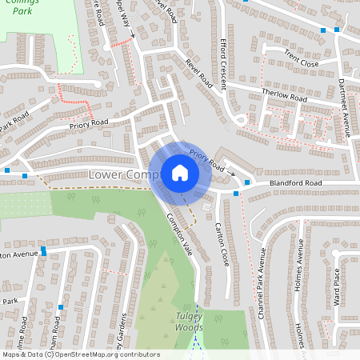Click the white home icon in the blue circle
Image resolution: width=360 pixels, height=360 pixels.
(x=179, y=173)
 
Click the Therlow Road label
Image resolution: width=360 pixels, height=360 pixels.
(x=284, y=95)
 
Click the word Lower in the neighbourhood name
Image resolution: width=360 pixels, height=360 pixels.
(x=106, y=174)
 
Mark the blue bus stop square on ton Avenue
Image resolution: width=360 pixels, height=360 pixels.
(x=43, y=250)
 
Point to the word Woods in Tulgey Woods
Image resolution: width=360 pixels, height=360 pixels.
(x=189, y=328)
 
